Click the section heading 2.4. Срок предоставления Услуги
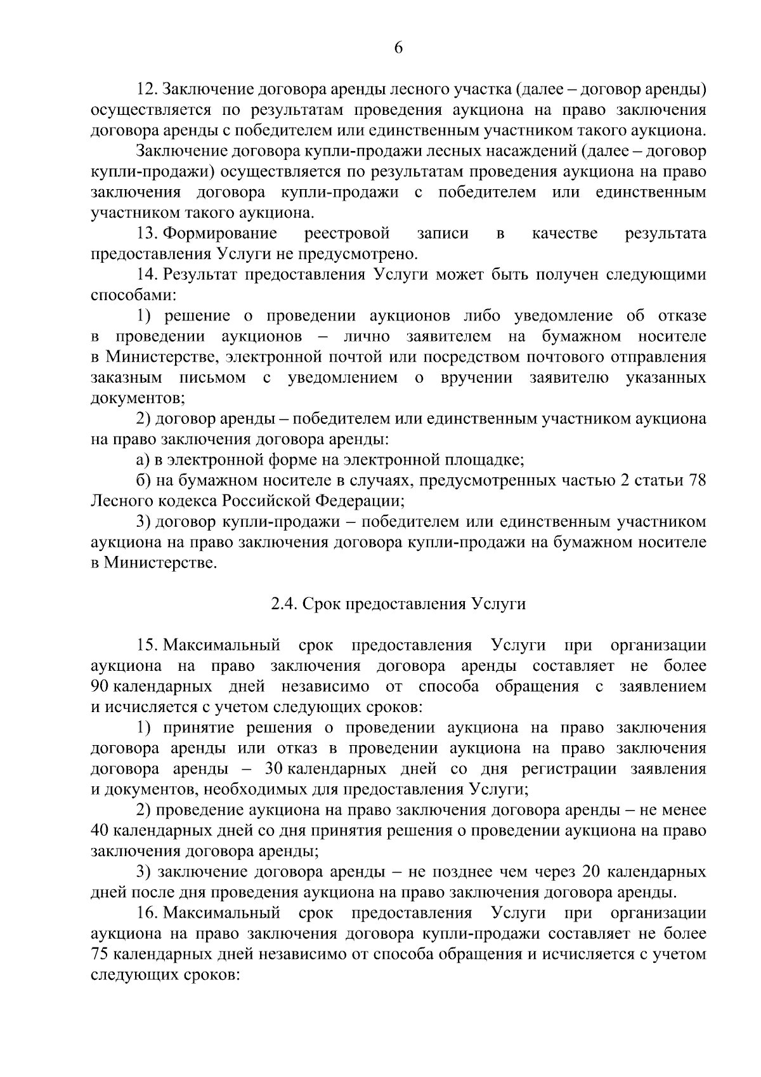tap(398, 604)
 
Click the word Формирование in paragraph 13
tap(220, 234)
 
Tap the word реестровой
tap(347, 234)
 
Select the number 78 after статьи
tap(697, 480)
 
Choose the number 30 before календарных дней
tap(273, 769)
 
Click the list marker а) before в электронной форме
tap(143, 460)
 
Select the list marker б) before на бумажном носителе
tap(143, 480)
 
